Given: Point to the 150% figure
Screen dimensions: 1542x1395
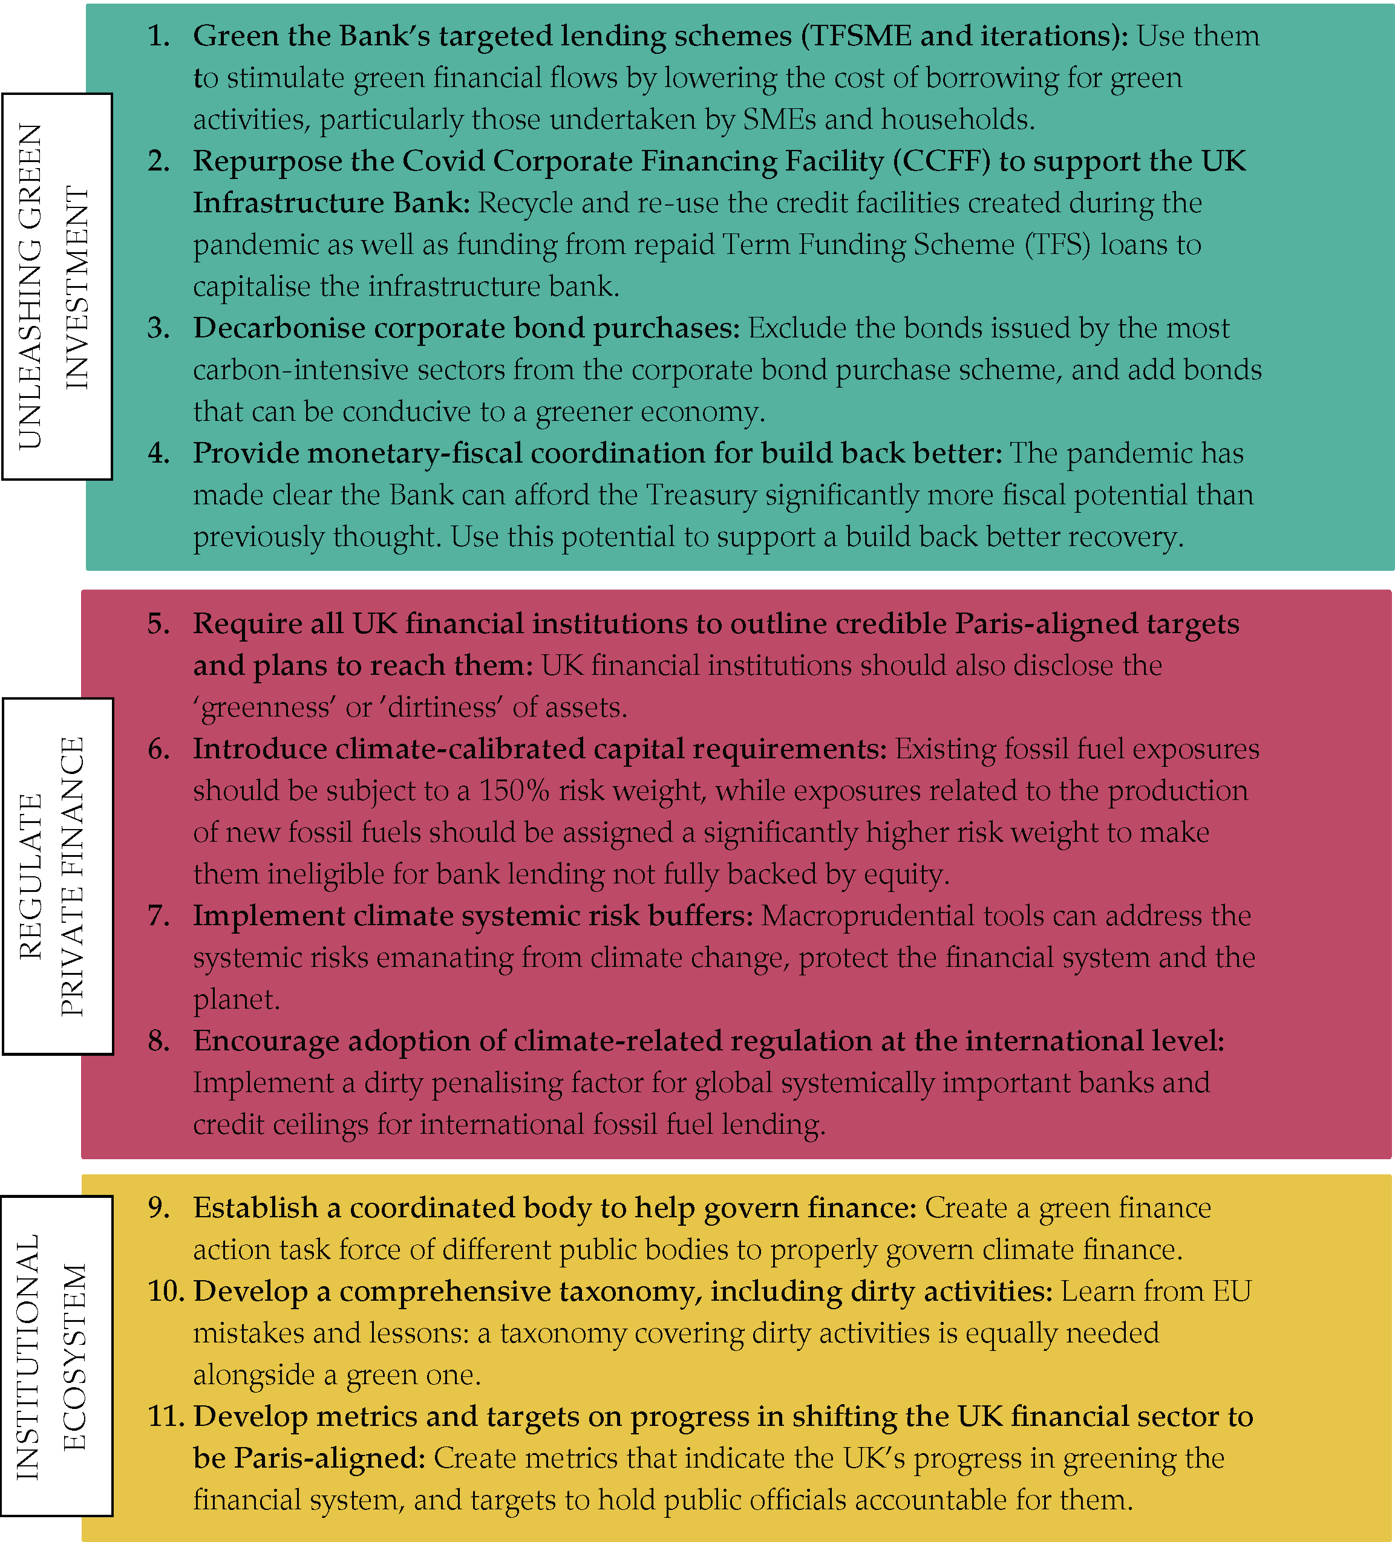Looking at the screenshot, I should click(x=514, y=791).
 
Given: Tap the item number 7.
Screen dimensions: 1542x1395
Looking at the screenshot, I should click(x=158, y=916).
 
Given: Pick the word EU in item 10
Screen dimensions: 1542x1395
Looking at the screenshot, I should click(x=1230, y=1292).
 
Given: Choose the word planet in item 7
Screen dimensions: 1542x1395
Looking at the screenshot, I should click(x=234, y=1000).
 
